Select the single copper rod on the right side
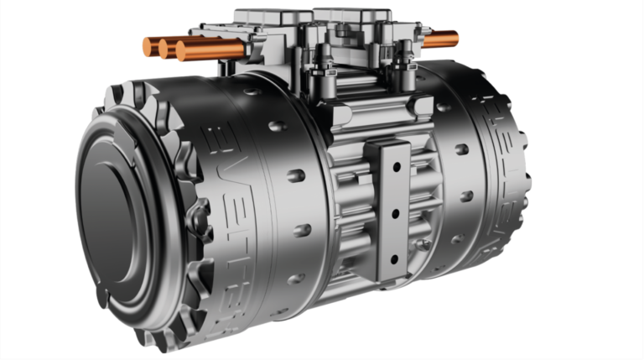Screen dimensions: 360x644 (x=441, y=39)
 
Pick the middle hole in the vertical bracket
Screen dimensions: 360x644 (x=392, y=213)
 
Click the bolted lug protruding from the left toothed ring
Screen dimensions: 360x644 (x=200, y=217)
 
